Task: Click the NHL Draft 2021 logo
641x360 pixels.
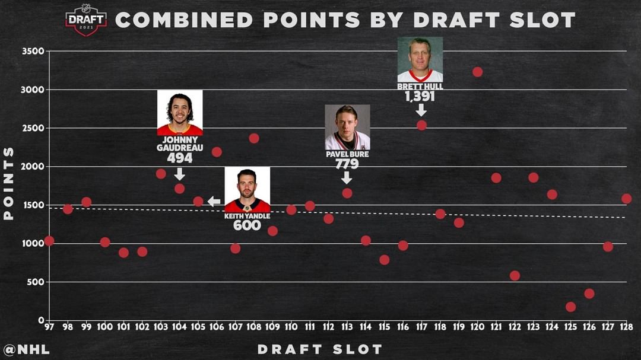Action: pyautogui.click(x=86, y=20)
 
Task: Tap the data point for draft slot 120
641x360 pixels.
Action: pyautogui.click(x=477, y=72)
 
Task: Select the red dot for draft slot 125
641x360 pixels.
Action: pyautogui.click(x=570, y=307)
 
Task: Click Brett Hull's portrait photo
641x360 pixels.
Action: pyautogui.click(x=420, y=59)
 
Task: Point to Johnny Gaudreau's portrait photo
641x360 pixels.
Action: pyautogui.click(x=180, y=113)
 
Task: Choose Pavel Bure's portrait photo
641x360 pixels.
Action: pyautogui.click(x=347, y=127)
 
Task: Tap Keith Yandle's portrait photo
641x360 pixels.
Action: pyautogui.click(x=247, y=189)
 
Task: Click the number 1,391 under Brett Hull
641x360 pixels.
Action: pyautogui.click(x=420, y=96)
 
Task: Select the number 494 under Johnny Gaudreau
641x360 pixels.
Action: pyautogui.click(x=180, y=158)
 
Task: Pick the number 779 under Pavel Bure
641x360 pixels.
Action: pyautogui.click(x=347, y=164)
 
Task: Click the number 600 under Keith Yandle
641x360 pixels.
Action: pyautogui.click(x=247, y=225)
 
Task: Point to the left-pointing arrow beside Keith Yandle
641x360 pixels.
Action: pyautogui.click(x=214, y=202)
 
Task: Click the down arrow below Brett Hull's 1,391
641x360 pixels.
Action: pyautogui.click(x=421, y=110)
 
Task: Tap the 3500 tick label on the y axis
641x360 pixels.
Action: pyautogui.click(x=33, y=51)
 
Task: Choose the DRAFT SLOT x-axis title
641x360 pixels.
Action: pyautogui.click(x=319, y=349)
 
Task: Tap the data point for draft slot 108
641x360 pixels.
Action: pyautogui.click(x=254, y=138)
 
